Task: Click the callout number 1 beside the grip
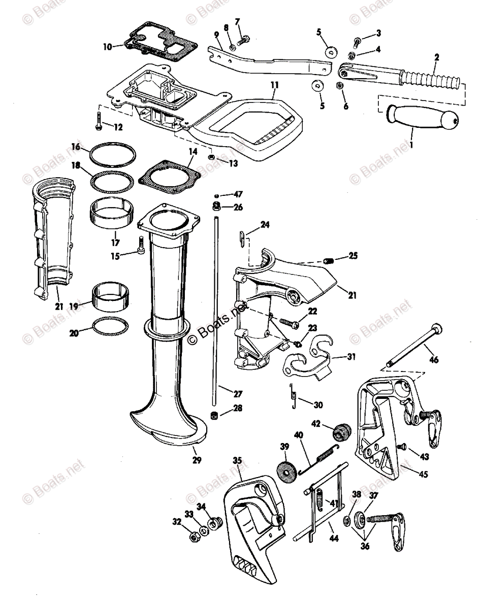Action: [410, 145]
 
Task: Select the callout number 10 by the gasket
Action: [107, 47]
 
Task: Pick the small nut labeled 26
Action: [215, 207]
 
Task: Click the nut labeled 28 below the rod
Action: [214, 416]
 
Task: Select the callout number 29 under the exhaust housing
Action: [197, 461]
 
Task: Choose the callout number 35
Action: [237, 461]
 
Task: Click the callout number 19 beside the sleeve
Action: [74, 307]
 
